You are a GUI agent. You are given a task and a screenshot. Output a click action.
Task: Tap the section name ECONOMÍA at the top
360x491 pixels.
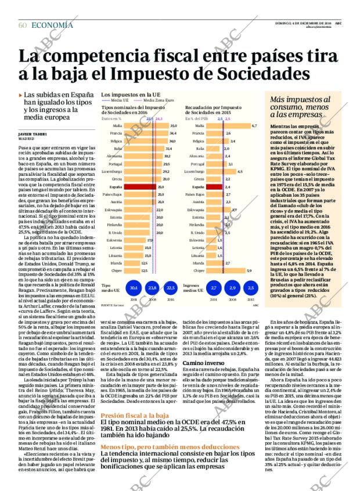[52, 25]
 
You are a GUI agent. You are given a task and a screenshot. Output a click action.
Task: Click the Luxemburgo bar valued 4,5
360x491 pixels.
[221, 172]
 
